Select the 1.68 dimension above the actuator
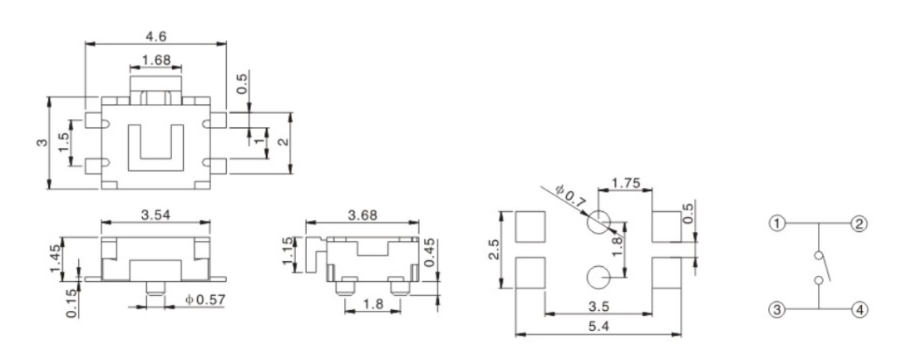(157, 60)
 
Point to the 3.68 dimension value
(362, 214)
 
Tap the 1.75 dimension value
(625, 183)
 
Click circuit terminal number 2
(860, 223)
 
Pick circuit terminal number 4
(860, 309)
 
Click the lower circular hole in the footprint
(598, 277)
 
